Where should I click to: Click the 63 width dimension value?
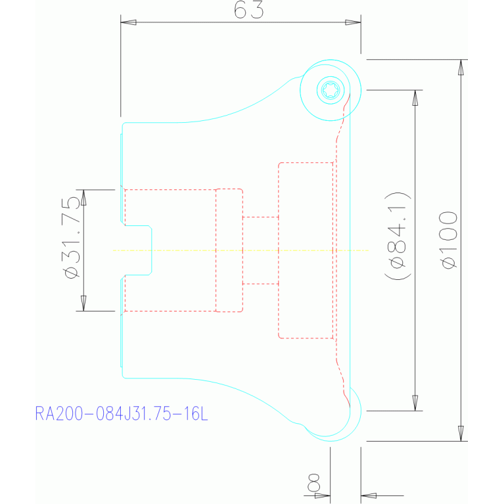point(249,10)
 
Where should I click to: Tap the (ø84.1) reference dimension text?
point(398,237)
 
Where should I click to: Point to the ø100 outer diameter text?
point(448,240)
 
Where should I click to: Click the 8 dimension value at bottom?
point(313,482)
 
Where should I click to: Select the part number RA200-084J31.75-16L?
point(122,413)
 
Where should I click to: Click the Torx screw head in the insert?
point(330,90)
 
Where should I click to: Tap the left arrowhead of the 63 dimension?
point(128,22)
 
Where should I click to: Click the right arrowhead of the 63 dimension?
point(353,22)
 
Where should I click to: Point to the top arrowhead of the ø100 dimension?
point(461,67)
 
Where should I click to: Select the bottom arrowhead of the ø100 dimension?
point(461,433)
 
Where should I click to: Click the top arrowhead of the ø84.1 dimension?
point(415,98)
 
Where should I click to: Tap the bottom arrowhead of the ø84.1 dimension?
point(415,403)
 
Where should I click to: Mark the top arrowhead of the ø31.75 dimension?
point(83,197)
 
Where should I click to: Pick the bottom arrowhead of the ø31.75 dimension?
point(83,304)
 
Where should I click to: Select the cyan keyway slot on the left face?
point(138,250)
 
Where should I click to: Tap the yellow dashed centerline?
point(241,250)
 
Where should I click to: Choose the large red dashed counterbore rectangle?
point(306,250)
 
